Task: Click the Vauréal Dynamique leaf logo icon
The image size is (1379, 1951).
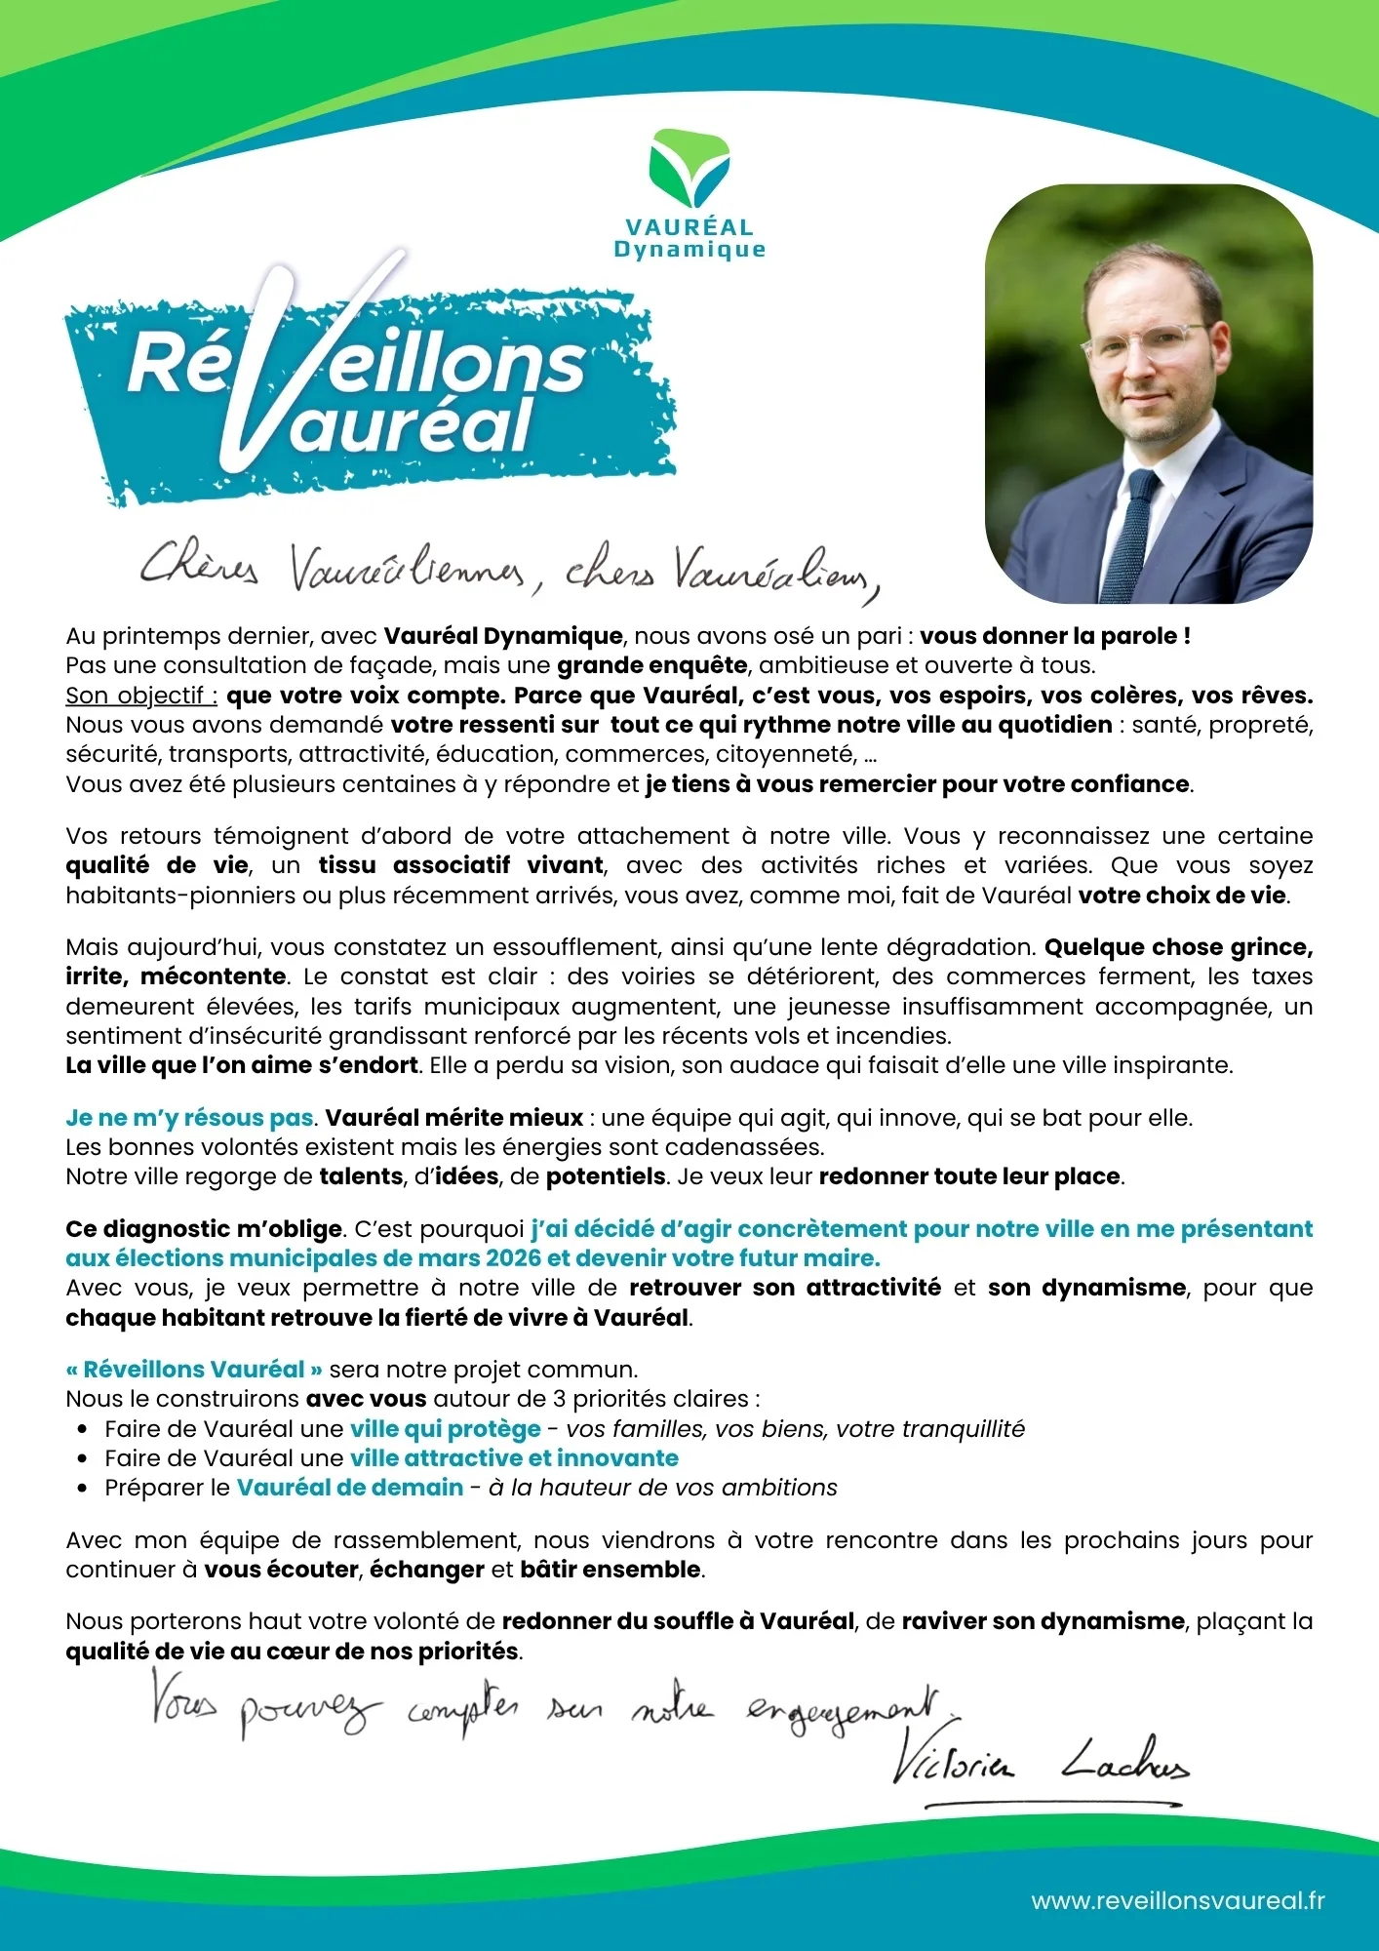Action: [x=689, y=169]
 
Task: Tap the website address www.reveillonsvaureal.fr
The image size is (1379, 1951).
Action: [x=1177, y=1900]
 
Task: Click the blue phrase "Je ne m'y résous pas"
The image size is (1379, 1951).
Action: [x=190, y=1118]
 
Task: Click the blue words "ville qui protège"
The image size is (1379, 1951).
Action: [x=446, y=1429]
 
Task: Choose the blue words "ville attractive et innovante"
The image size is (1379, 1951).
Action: [x=514, y=1458]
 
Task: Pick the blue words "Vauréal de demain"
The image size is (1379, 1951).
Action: [x=350, y=1488]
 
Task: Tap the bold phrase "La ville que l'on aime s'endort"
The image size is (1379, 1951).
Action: [x=242, y=1065]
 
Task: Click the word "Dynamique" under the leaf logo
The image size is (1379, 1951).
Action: [x=689, y=250]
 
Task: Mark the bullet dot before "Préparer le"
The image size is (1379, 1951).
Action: [x=83, y=1489]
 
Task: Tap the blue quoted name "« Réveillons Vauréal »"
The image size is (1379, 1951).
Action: [x=194, y=1370]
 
